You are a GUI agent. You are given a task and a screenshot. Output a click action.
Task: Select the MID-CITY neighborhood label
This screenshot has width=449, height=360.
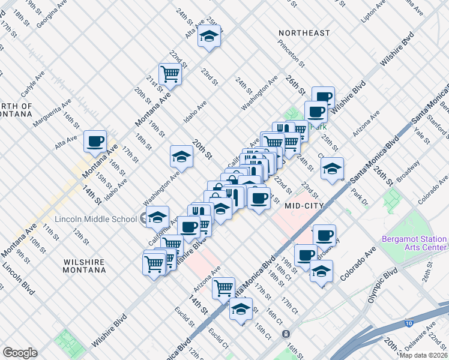[304, 206]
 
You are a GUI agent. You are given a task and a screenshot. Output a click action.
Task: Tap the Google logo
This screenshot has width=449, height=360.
[20, 353]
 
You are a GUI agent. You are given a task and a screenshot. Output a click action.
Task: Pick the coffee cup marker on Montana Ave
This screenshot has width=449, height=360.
[95, 142]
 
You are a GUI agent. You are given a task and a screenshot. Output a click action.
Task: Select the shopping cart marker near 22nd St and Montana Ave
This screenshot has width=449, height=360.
[170, 74]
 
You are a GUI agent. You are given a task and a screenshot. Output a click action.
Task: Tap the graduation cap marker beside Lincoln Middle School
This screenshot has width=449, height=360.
[157, 217]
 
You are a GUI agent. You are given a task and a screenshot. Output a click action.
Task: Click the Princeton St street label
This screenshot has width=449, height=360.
[292, 53]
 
